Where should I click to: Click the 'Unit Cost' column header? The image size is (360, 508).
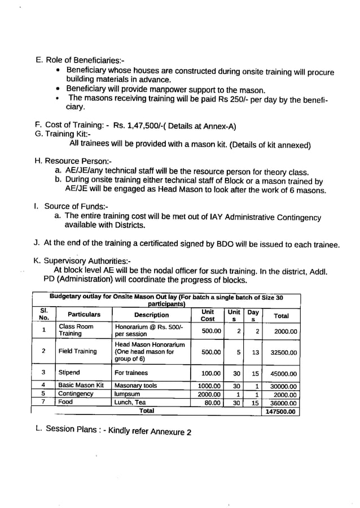coord(208,315)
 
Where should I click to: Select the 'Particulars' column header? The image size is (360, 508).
coord(84,315)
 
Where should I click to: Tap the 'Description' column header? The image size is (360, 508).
coord(151,315)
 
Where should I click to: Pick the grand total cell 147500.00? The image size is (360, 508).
coord(282,412)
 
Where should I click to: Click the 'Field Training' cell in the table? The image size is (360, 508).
coord(77,351)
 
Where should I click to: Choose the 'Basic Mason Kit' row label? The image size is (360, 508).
coord(81,386)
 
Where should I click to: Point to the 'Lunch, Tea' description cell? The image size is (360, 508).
coord(130,403)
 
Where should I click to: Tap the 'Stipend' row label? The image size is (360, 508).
coord(69,373)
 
